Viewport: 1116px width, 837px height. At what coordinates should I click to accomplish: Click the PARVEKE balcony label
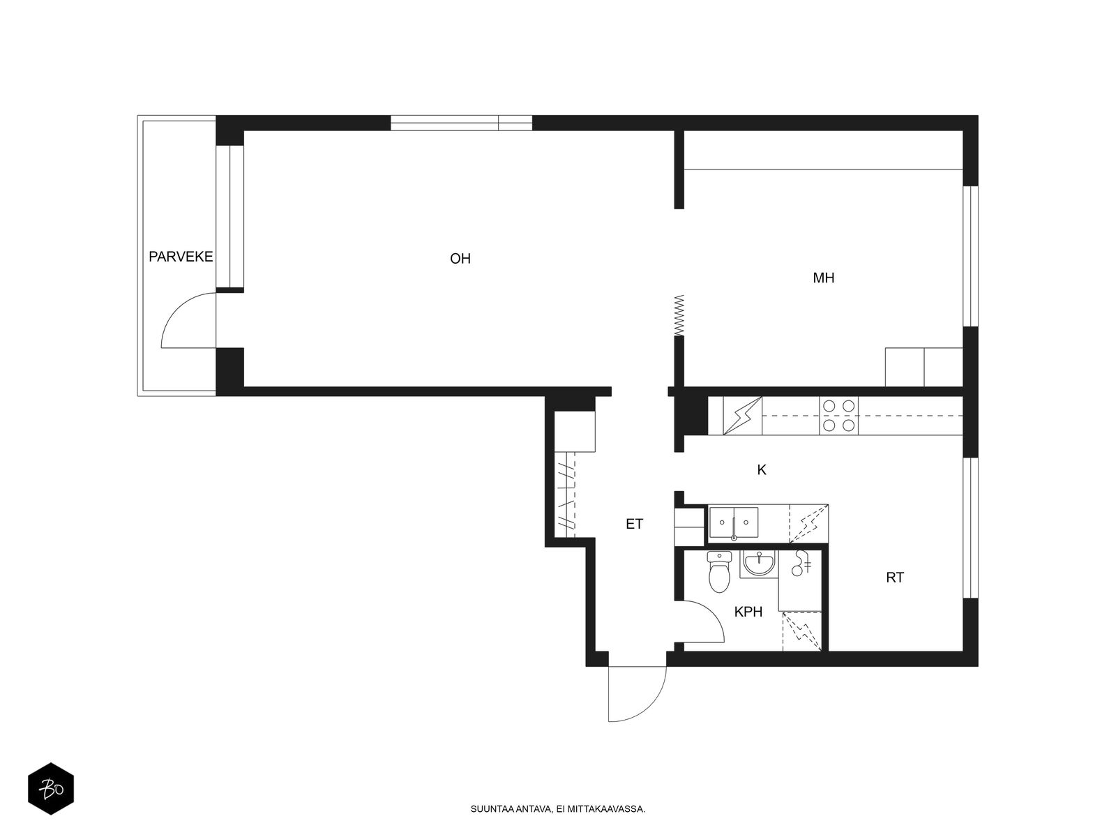pyautogui.click(x=181, y=257)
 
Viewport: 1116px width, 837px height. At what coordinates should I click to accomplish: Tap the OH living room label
pyautogui.click(x=460, y=259)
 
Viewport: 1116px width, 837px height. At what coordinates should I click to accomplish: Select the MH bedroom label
pyautogui.click(x=823, y=278)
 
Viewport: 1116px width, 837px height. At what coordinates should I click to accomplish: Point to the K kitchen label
pyautogui.click(x=761, y=470)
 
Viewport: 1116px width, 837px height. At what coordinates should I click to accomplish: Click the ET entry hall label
pyautogui.click(x=634, y=524)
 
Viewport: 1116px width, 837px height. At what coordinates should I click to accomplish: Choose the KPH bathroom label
pyautogui.click(x=748, y=612)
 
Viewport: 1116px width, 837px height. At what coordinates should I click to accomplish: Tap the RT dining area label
pyautogui.click(x=894, y=578)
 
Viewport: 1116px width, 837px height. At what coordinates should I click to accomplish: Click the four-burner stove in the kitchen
pyautogui.click(x=838, y=416)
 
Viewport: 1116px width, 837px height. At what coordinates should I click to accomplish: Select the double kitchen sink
pyautogui.click(x=733, y=522)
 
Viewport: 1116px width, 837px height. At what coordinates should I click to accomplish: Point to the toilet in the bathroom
pyautogui.click(x=719, y=572)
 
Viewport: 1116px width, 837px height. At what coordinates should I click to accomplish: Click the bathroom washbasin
pyautogui.click(x=759, y=564)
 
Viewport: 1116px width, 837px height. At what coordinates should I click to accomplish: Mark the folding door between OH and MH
pyautogui.click(x=679, y=315)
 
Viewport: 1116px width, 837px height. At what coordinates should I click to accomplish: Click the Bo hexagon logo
pyautogui.click(x=51, y=789)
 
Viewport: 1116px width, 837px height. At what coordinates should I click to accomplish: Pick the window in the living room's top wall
pyautogui.click(x=461, y=123)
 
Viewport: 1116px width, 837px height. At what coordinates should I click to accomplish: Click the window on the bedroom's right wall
pyautogui.click(x=971, y=256)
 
